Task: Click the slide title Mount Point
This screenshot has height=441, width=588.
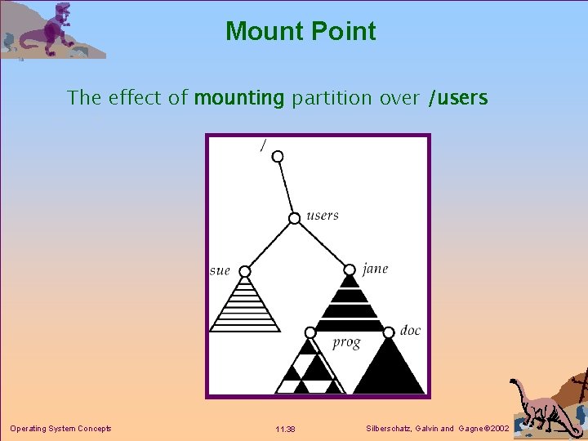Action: (301, 31)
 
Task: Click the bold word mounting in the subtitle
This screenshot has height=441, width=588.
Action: (238, 98)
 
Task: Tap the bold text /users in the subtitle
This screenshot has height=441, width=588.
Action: (457, 98)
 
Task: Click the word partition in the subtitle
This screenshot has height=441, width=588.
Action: (331, 98)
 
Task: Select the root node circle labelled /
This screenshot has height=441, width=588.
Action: (278, 156)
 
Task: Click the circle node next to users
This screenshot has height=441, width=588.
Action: (295, 218)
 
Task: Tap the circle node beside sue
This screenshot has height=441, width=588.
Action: (244, 271)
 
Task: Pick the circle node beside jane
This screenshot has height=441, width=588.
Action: (350, 269)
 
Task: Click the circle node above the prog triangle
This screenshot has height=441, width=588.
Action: (310, 332)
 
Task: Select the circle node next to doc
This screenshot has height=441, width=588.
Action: (388, 331)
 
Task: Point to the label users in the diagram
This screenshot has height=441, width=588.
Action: (322, 216)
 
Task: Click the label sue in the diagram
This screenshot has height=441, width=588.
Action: (220, 270)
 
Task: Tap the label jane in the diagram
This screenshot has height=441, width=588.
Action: (375, 268)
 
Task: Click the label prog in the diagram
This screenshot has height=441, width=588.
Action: (346, 342)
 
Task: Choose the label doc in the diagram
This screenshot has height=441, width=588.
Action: (410, 330)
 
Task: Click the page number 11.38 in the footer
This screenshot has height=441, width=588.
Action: (285, 429)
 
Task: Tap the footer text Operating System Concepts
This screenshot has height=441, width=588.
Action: (60, 429)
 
